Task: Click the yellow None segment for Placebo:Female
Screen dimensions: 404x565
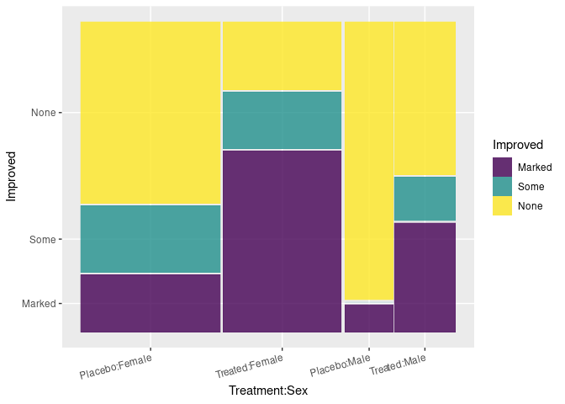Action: pyautogui.click(x=150, y=112)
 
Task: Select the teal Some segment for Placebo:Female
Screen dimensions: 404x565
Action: pyautogui.click(x=150, y=239)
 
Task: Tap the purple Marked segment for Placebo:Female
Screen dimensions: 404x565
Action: pyautogui.click(x=150, y=303)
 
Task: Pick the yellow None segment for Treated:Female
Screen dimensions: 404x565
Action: pyautogui.click(x=282, y=56)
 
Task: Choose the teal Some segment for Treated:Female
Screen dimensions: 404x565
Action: pyautogui.click(x=282, y=120)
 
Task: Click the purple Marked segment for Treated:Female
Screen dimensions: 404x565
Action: pyautogui.click(x=282, y=242)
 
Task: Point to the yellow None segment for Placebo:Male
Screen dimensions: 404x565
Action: pyautogui.click(x=369, y=160)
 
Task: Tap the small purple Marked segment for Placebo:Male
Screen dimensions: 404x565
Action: pyautogui.click(x=369, y=318)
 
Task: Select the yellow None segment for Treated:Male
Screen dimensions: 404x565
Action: pyautogui.click(x=425, y=98)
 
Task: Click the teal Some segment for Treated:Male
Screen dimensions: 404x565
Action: pyautogui.click(x=425, y=199)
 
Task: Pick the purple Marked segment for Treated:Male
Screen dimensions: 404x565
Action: pyautogui.click(x=425, y=277)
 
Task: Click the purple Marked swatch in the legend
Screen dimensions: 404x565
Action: pyautogui.click(x=503, y=167)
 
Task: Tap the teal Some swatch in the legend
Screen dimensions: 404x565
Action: pyautogui.click(x=503, y=187)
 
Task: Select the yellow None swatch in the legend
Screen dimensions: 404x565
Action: pyautogui.click(x=503, y=205)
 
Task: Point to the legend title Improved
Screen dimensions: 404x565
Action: pyautogui.click(x=518, y=145)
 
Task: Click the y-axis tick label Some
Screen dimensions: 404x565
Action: pyautogui.click(x=42, y=240)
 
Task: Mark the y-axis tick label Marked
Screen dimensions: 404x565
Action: pyautogui.click(x=38, y=303)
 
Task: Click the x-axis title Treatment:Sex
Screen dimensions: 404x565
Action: pyautogui.click(x=268, y=391)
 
